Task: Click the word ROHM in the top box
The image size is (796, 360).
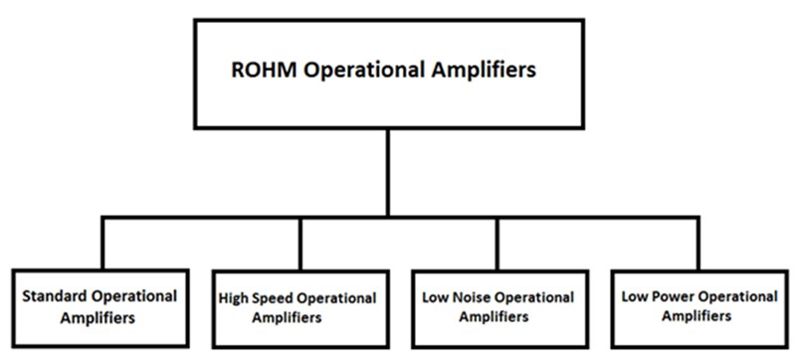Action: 256,71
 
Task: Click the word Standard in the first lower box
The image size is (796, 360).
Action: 54,295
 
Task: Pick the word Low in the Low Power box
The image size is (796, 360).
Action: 636,295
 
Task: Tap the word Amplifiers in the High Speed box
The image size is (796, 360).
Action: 288,318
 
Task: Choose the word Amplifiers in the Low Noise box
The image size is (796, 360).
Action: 494,317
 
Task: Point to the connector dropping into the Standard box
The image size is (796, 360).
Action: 102,243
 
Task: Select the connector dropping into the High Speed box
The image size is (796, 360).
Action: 299,243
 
